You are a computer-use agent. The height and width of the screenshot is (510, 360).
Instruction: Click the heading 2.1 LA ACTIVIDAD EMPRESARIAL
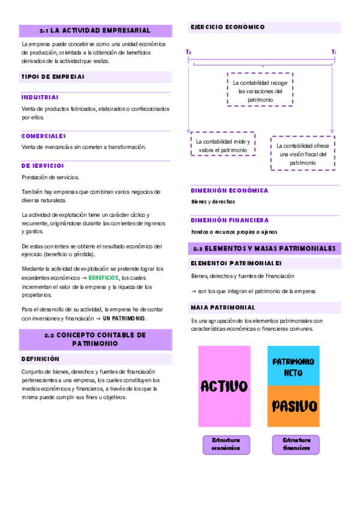tap(95, 30)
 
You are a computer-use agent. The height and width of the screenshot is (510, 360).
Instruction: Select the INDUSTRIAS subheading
tap(40, 97)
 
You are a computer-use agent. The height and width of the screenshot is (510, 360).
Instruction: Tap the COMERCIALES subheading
tap(43, 136)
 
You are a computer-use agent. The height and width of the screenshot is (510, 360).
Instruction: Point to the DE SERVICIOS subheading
tap(43, 165)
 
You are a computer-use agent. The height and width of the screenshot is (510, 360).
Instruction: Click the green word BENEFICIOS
tap(103, 278)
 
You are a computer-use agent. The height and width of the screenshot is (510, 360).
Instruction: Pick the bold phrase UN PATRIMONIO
tap(124, 318)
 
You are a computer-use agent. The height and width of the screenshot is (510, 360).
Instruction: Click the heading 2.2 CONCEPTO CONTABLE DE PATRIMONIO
tap(95, 339)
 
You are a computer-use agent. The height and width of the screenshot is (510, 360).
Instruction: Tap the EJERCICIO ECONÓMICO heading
tap(227, 27)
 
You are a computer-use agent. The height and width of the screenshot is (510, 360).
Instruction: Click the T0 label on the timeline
tap(189, 53)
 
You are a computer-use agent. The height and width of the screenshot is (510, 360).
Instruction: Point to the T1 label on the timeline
tap(334, 53)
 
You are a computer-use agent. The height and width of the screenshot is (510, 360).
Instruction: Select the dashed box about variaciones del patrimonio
tap(260, 90)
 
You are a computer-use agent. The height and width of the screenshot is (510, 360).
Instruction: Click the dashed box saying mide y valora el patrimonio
tap(223, 145)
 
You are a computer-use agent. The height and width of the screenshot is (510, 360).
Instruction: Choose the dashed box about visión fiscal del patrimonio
tap(303, 154)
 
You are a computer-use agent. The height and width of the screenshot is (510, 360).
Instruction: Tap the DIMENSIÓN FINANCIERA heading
tap(230, 220)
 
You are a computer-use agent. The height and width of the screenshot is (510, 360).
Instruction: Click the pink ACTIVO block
tap(224, 386)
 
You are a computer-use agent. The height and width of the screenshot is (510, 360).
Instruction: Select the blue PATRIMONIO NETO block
tap(293, 366)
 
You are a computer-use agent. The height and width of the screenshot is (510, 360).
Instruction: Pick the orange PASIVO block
tap(293, 406)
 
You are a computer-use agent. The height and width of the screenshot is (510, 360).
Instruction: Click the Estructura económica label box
tap(225, 444)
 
